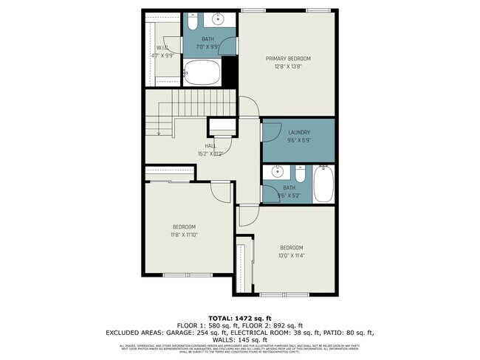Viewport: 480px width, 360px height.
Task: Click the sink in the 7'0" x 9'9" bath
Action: tap(219, 18)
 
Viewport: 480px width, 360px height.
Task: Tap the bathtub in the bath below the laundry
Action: tap(324, 184)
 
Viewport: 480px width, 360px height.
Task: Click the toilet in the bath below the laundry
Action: tap(300, 175)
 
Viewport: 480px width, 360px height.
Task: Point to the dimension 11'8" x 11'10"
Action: tap(185, 235)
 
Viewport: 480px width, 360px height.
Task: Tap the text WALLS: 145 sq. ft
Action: tap(239, 339)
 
